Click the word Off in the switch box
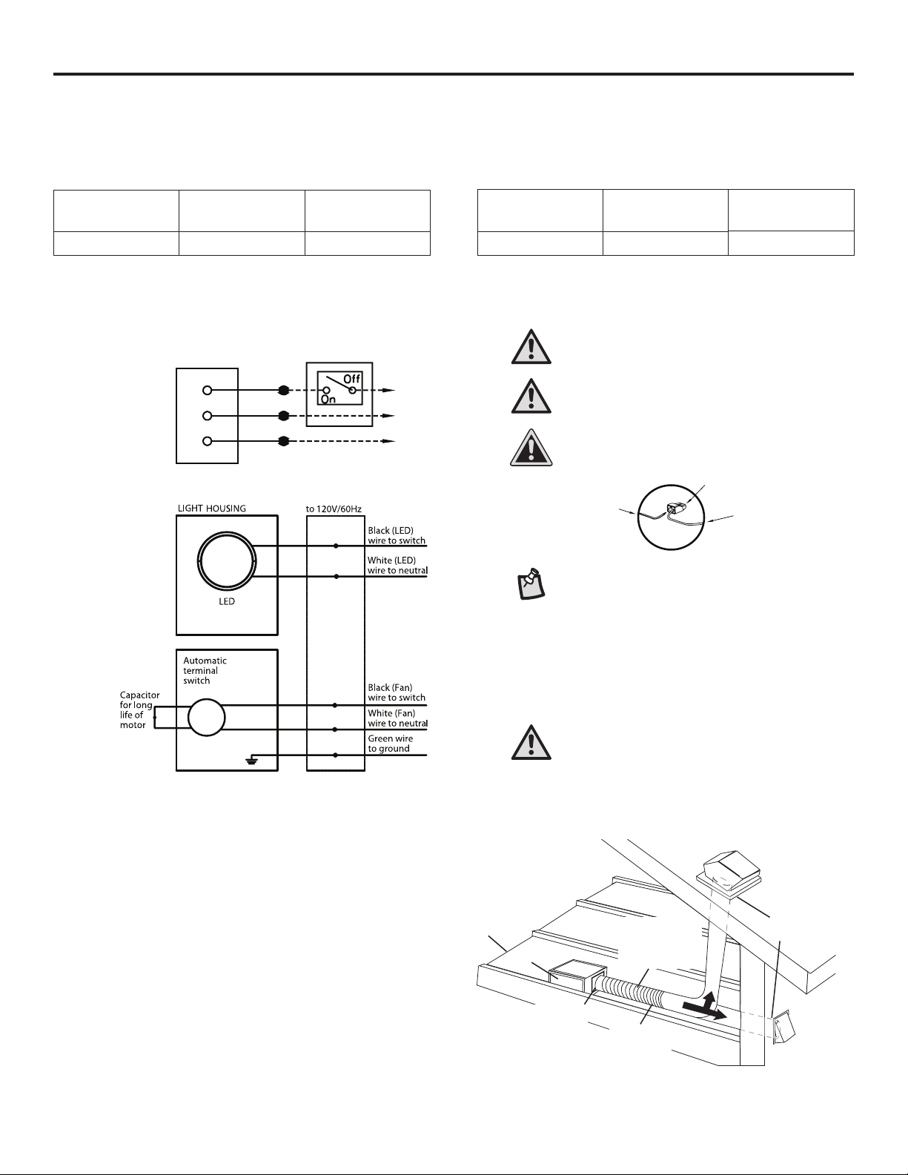pos(351,378)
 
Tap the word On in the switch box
pos(328,399)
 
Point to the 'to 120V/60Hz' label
pos(335,508)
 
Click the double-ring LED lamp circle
pos(227,560)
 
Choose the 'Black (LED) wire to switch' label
pos(397,536)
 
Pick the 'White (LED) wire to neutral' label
pos(397,566)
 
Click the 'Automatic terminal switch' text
pos(205,670)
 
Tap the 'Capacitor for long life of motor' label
pos(139,709)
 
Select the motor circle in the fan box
pos(207,718)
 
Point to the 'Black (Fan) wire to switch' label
pos(397,692)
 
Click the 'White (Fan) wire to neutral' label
pos(397,718)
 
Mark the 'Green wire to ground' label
pos(390,744)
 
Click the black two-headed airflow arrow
pos(703,1008)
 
